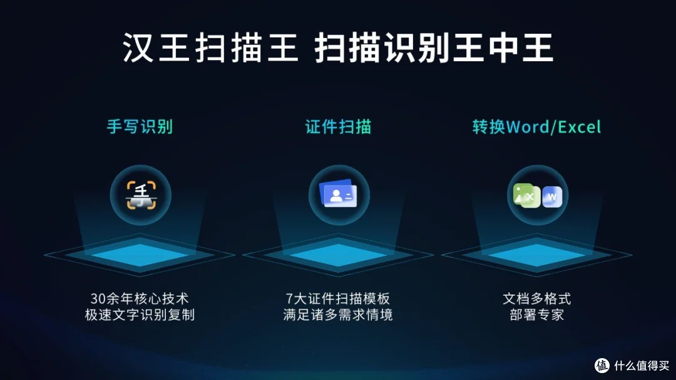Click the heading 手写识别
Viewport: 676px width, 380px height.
tap(140, 127)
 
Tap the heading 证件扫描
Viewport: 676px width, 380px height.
tap(338, 127)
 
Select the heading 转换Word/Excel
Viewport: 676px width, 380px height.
tap(536, 127)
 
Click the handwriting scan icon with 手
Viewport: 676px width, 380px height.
tap(140, 195)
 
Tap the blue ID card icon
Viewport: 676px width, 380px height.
tap(338, 195)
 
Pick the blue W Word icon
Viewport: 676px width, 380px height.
tap(551, 196)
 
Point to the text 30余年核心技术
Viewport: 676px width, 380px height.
tap(140, 298)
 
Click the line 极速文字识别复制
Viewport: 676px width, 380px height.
tap(140, 314)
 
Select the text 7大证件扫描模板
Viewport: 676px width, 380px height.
tap(338, 298)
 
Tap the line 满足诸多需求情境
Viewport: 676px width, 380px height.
tap(338, 314)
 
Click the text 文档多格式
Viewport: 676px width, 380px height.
tap(536, 298)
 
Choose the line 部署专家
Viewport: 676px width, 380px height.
tap(536, 314)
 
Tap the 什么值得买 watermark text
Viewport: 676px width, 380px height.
tap(640, 365)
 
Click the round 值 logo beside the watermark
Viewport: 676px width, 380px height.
tap(602, 365)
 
